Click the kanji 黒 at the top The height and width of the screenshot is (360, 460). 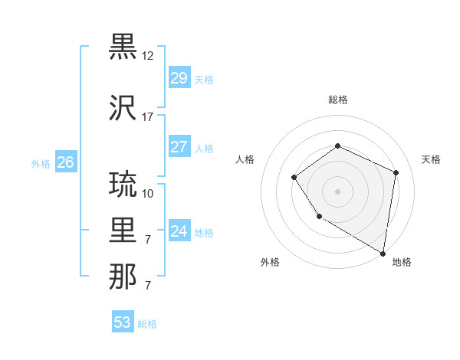tap(123, 47)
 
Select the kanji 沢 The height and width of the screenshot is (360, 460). tap(123, 108)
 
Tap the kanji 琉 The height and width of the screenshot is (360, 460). tap(123, 185)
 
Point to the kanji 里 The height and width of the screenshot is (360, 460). tap(123, 231)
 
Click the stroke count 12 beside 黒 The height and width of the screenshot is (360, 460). tap(148, 56)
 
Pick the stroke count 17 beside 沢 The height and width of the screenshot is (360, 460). tap(148, 117)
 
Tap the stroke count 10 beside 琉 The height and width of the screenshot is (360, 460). tap(148, 193)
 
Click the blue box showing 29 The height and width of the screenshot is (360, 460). tap(179, 78)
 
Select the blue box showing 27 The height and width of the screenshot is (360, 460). tap(179, 147)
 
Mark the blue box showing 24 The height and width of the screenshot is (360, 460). tap(179, 231)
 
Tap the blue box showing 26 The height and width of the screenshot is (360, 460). tap(65, 162)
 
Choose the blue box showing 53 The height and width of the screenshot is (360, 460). tap(123, 322)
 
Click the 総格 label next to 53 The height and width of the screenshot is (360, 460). tap(147, 324)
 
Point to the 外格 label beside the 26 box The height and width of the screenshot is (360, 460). tap(41, 163)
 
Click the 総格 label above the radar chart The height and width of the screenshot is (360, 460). tap(337, 100)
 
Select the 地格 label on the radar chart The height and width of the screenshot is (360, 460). tap(402, 263)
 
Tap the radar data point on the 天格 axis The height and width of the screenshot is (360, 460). tap(396, 172)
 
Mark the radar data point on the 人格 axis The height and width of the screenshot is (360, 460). tap(294, 178)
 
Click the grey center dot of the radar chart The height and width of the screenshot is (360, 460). tap(337, 191)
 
